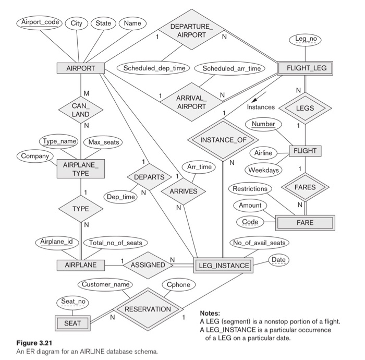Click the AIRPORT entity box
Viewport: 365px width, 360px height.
tap(80, 68)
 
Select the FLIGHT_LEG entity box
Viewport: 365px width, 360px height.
tap(305, 68)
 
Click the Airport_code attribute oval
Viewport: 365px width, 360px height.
tap(39, 23)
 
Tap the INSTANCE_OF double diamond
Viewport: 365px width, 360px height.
tap(222, 140)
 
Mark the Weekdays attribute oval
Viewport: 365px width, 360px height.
tap(262, 170)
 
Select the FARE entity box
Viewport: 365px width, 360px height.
tap(305, 222)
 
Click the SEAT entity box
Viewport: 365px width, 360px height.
tap(72, 323)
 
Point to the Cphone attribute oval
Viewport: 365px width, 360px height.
tap(178, 285)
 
